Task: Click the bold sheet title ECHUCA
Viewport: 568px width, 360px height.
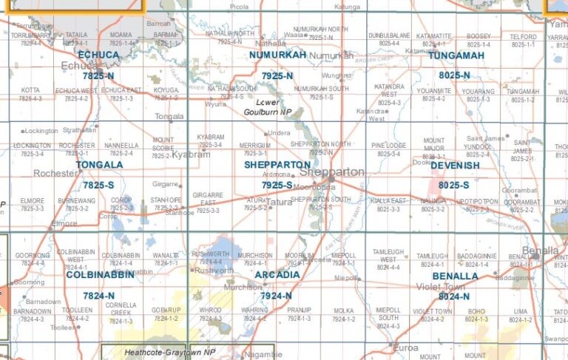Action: [98, 55]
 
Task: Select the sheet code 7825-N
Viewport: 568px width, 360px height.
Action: [98, 76]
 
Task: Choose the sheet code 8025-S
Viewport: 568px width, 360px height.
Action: [453, 186]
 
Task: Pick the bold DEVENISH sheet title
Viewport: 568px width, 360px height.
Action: [455, 166]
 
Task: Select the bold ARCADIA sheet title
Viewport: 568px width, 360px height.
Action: [277, 275]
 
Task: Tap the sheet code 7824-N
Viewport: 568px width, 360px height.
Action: [98, 296]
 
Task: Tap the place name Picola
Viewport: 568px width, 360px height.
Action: [239, 6]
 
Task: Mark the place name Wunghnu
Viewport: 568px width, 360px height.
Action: [337, 75]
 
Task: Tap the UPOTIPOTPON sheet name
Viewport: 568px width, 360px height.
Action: [477, 200]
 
